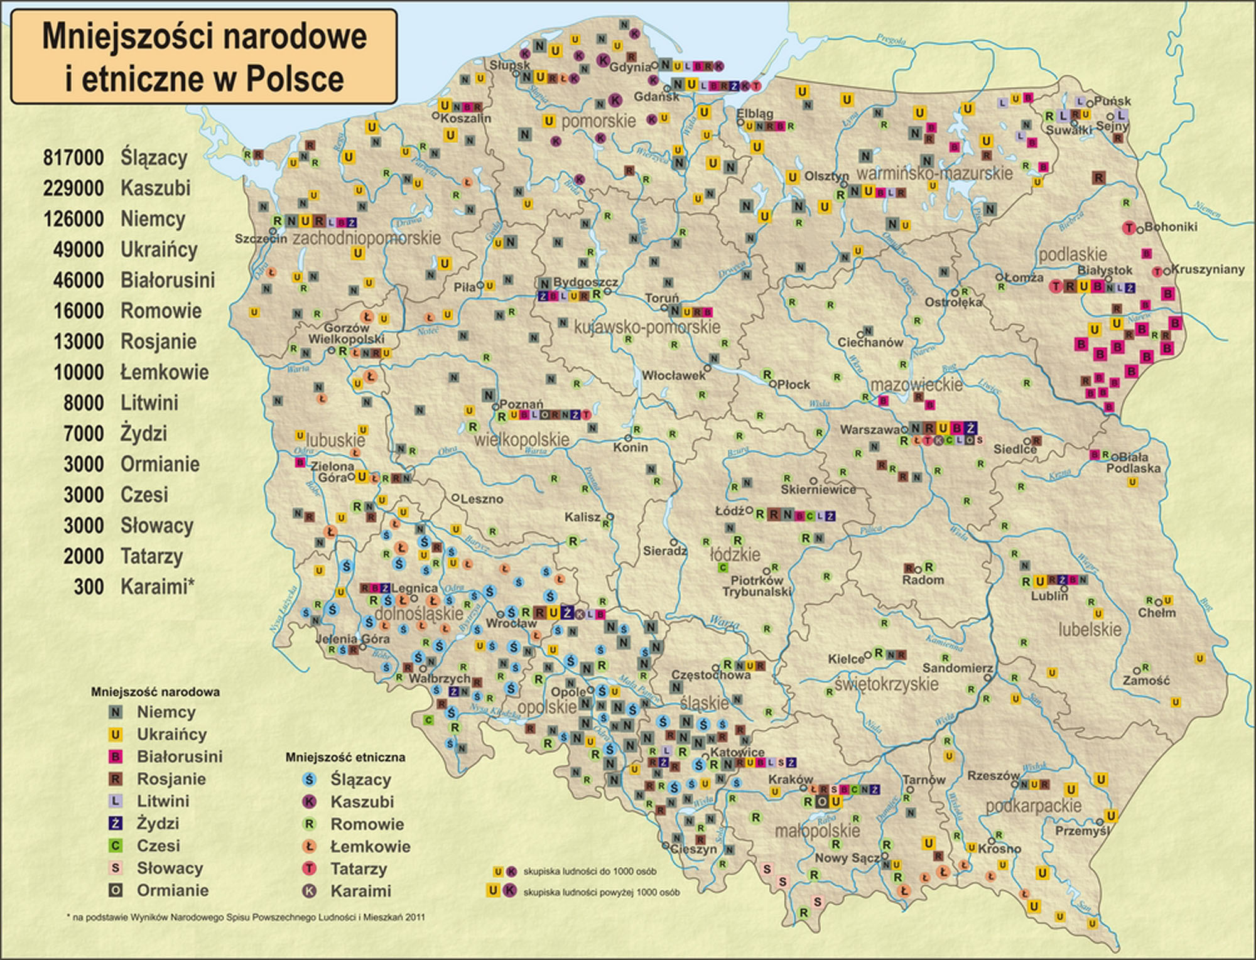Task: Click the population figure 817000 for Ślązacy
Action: point(73,158)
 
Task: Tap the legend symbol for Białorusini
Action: point(116,757)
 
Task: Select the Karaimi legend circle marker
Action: point(309,891)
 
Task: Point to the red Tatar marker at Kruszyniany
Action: point(1157,272)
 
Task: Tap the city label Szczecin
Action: point(261,239)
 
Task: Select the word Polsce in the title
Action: point(295,79)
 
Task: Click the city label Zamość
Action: point(1146,680)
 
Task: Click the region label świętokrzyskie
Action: point(886,684)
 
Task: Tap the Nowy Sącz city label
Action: point(847,858)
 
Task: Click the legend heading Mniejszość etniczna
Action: point(345,757)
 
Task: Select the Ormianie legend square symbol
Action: point(116,890)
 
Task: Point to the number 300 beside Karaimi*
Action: point(89,586)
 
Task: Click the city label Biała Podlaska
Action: point(1133,463)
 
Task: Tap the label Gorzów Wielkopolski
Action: point(346,333)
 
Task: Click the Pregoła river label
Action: point(891,40)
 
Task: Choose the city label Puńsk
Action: point(1112,101)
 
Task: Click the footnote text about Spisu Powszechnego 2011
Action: point(246,917)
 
